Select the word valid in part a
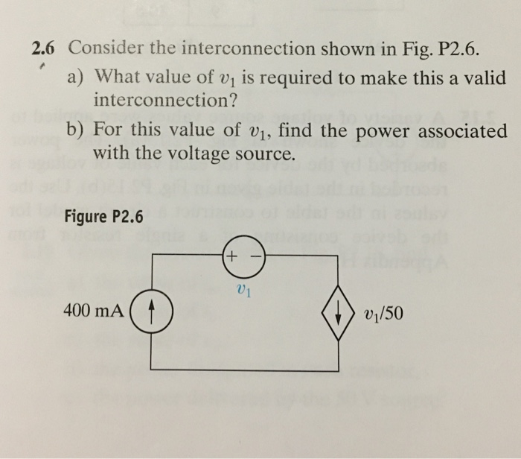tap(484, 77)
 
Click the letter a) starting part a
tap(77, 77)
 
